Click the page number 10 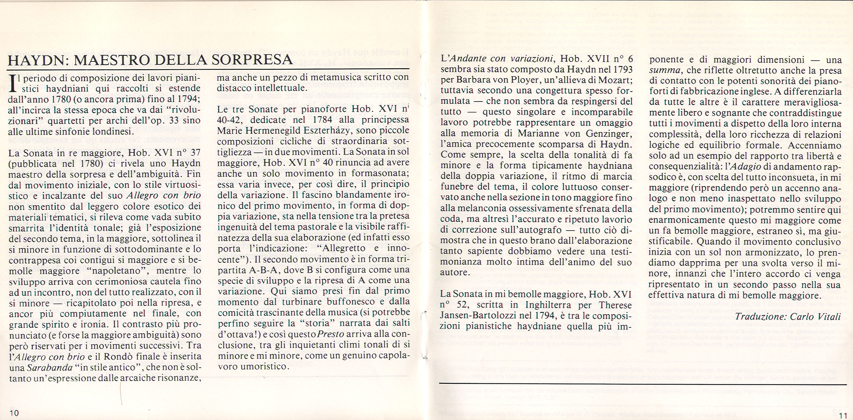point(14,413)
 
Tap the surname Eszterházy point(335,130)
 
